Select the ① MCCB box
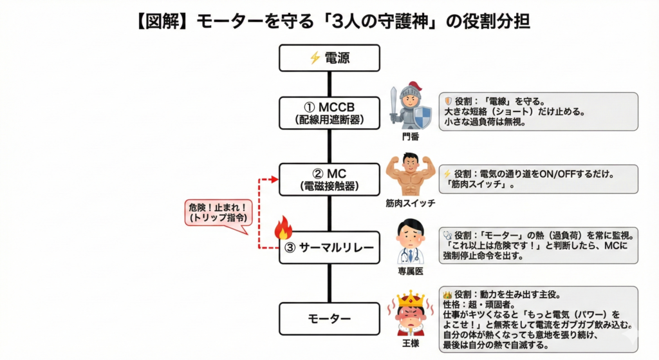[330, 113]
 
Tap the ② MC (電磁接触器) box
[330, 180]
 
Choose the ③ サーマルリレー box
[330, 247]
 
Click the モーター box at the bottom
[330, 318]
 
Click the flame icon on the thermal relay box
[284, 228]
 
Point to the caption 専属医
[411, 271]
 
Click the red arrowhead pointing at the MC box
[275, 179]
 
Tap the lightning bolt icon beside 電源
[315, 59]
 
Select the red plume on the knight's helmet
[418, 86]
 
